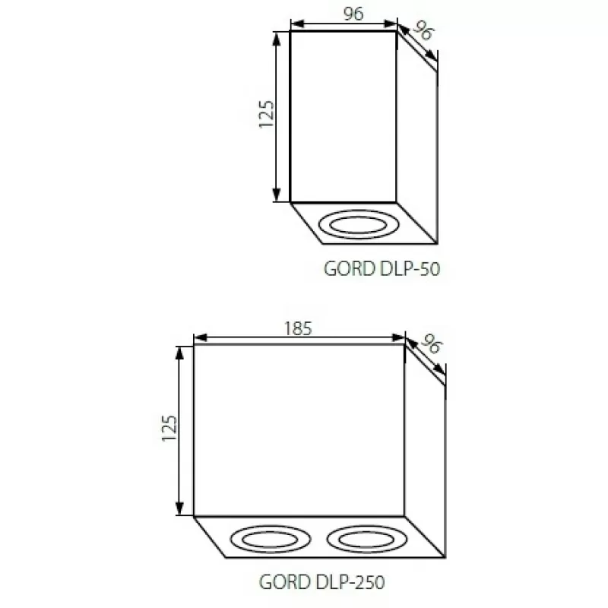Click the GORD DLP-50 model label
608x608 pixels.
[x=382, y=269]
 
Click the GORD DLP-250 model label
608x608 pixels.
[x=321, y=582]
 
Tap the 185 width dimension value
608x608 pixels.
[x=298, y=329]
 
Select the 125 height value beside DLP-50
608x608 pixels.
[x=267, y=114]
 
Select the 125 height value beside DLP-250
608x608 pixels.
[x=169, y=428]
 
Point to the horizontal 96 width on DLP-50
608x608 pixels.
[x=353, y=14]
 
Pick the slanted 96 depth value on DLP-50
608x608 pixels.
[x=423, y=30]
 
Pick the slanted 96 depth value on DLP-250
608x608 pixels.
[x=432, y=344]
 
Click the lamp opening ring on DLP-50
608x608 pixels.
[x=358, y=211]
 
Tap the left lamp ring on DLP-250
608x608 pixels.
[x=271, y=526]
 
